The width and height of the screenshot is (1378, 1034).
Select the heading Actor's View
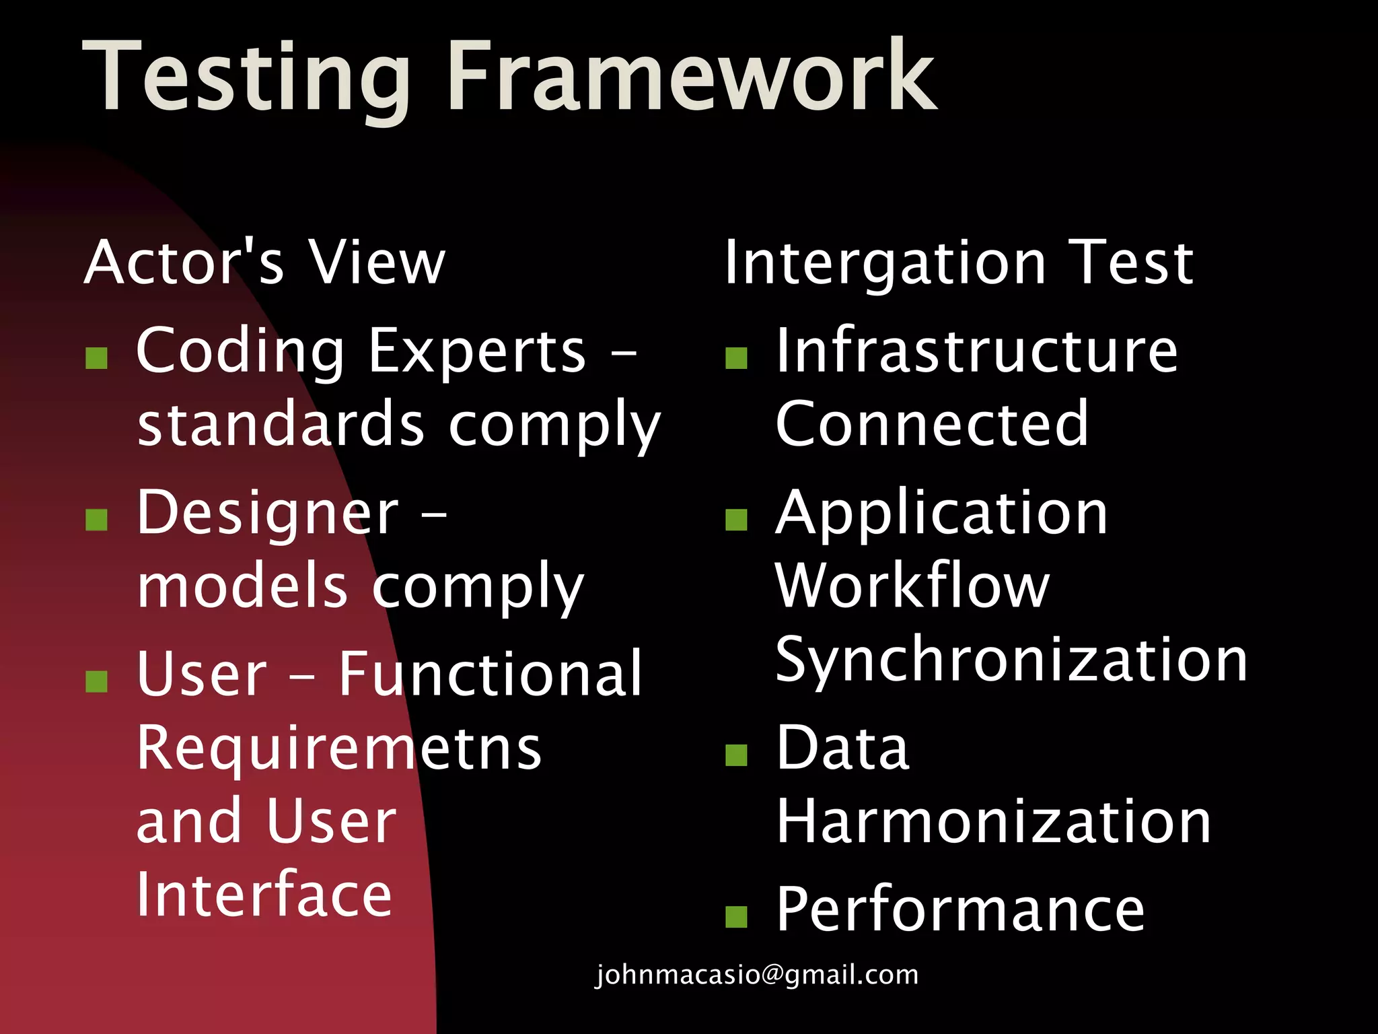pyautogui.click(x=264, y=263)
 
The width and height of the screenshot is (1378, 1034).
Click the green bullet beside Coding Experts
pyautogui.click(x=97, y=358)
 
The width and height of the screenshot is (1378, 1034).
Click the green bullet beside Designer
pyautogui.click(x=97, y=520)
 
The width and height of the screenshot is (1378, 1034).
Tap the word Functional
pyautogui.click(x=490, y=675)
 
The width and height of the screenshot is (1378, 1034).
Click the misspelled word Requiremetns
pyautogui.click(x=338, y=749)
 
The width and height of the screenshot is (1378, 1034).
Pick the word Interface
pyautogui.click(x=264, y=895)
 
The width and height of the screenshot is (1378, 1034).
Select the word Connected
pyautogui.click(x=931, y=424)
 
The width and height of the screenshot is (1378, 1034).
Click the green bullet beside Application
pyautogui.click(x=737, y=520)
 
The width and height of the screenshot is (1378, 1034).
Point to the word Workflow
pyautogui.click(x=912, y=586)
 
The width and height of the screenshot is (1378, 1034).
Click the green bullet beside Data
pyautogui.click(x=737, y=755)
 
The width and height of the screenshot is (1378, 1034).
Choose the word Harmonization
pyautogui.click(x=993, y=823)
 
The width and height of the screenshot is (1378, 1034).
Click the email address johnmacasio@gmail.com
pyautogui.click(x=756, y=975)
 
